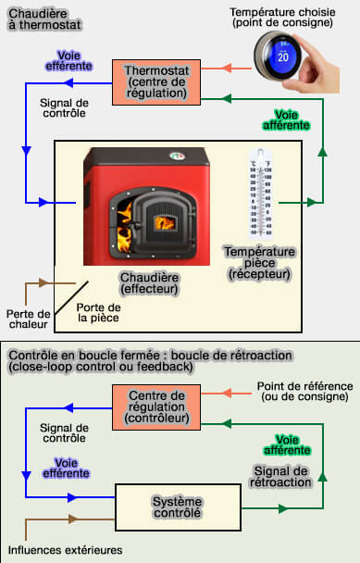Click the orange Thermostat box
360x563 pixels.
[x=156, y=82]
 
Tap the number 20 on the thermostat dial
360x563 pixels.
[x=283, y=56]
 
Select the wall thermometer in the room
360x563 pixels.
[x=261, y=194]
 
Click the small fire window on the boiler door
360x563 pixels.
[x=165, y=223]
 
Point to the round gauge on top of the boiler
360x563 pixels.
[x=177, y=156]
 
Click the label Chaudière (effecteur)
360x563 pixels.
[x=149, y=283]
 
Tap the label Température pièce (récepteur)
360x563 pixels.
[x=259, y=262]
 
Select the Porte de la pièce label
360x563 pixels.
[x=98, y=312]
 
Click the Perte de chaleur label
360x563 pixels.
[x=29, y=319]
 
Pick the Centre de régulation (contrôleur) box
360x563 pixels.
[x=156, y=407]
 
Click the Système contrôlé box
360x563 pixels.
[x=178, y=507]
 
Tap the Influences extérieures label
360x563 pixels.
[x=66, y=550]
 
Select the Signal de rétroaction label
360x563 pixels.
[x=280, y=477]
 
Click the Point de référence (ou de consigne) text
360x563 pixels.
[x=304, y=392]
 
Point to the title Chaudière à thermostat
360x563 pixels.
[x=44, y=19]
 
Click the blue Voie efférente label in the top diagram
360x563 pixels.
[x=68, y=61]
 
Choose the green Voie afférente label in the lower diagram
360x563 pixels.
[x=287, y=444]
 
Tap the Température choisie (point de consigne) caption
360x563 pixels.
[x=282, y=18]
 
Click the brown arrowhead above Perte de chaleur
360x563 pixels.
[x=43, y=283]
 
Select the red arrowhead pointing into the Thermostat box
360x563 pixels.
[x=227, y=68]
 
